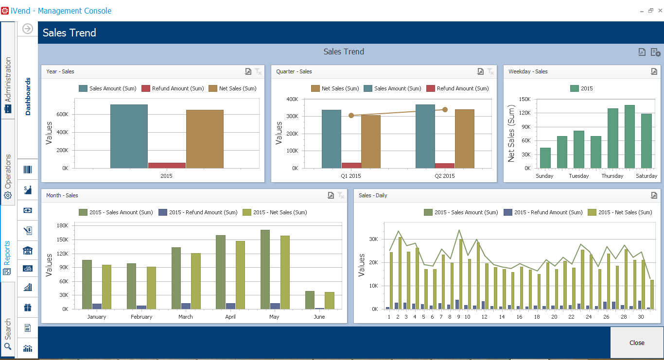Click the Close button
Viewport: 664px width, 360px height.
[x=637, y=343]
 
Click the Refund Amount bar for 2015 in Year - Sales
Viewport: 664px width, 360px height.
[x=167, y=165]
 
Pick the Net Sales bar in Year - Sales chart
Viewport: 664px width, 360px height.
[x=205, y=139]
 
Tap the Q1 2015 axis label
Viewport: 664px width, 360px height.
[x=351, y=176]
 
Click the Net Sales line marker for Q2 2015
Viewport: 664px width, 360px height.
[x=445, y=110]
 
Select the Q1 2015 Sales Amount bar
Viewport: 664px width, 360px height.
[x=332, y=139]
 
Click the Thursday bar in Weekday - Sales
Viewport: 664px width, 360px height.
[x=613, y=138]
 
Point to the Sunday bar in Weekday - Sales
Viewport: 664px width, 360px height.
[x=545, y=158]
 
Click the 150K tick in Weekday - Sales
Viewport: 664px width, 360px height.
[x=524, y=99]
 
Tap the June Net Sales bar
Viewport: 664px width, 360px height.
[x=330, y=300]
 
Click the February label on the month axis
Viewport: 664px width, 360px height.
[x=141, y=317]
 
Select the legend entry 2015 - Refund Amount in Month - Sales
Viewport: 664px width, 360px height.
[x=198, y=212]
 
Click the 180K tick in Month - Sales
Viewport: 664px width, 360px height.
[x=62, y=225]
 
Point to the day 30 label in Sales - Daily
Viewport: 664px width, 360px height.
[x=641, y=317]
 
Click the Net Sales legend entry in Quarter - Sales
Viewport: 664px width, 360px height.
[x=335, y=88]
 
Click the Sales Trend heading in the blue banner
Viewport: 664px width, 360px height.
[x=70, y=33]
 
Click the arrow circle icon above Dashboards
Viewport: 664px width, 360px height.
[x=28, y=29]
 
